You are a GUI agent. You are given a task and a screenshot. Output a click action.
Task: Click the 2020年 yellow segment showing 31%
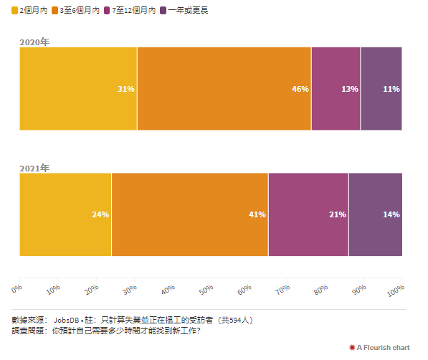click(x=78, y=89)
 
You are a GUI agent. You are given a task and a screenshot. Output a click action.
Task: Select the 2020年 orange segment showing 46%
click(x=224, y=89)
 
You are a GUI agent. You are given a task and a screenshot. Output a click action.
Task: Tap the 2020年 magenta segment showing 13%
click(x=336, y=89)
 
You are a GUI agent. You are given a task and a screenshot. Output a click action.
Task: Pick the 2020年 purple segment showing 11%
click(x=381, y=89)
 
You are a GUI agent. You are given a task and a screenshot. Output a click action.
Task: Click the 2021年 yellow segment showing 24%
click(x=65, y=214)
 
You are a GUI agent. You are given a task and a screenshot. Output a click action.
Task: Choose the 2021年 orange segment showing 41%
click(x=190, y=214)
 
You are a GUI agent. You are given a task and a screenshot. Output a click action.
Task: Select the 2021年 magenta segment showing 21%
click(x=308, y=214)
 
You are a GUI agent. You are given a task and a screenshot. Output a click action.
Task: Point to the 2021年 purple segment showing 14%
click(x=375, y=214)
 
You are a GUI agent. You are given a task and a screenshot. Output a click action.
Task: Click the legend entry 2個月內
click(x=30, y=11)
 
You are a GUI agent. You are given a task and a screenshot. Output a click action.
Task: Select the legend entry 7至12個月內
click(x=133, y=11)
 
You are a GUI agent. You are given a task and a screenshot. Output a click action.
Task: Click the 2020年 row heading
click(x=34, y=42)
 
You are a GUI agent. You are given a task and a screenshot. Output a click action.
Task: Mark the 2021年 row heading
click(x=34, y=168)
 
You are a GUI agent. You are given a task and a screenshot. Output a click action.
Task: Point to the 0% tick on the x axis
click(x=17, y=288)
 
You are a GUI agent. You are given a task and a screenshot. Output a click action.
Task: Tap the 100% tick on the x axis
click(x=396, y=288)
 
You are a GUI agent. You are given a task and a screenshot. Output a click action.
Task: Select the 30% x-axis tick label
click(x=130, y=288)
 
